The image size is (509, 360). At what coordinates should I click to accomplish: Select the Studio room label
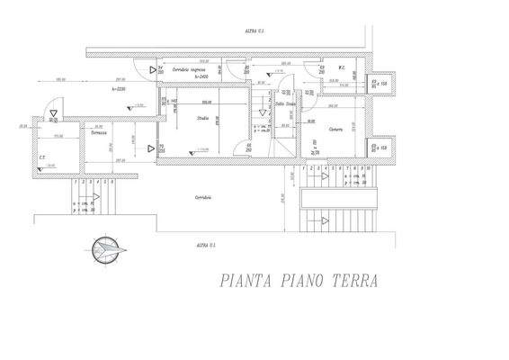(202, 118)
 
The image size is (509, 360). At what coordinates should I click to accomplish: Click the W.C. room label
(343, 67)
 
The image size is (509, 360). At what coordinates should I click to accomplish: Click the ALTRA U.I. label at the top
(254, 31)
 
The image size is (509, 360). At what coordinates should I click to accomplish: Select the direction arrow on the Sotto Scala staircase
(263, 112)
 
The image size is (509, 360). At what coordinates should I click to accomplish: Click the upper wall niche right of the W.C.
(379, 82)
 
